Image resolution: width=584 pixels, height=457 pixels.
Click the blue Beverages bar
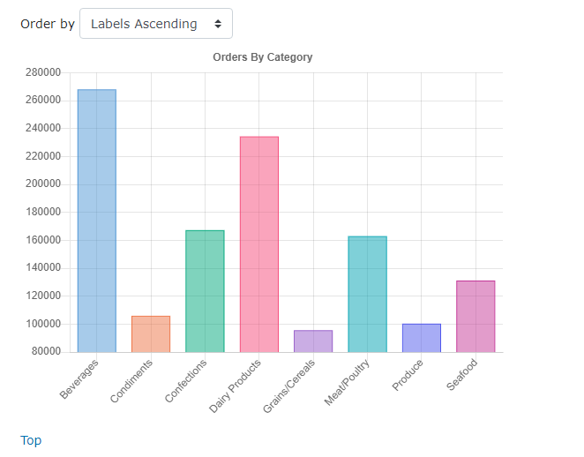point(96,221)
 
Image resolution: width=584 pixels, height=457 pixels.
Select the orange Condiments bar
point(151,333)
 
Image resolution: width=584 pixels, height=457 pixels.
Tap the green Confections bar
point(205,291)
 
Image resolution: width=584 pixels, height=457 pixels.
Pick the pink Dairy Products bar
point(259,244)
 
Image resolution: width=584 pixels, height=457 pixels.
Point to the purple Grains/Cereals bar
point(313,341)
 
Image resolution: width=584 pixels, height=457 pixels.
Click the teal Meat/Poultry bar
point(367,294)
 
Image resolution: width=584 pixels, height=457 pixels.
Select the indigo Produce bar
point(422,338)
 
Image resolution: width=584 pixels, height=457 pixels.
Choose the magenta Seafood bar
point(475,316)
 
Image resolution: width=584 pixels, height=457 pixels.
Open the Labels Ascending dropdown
point(156,24)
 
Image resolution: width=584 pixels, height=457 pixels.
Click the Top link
point(31,440)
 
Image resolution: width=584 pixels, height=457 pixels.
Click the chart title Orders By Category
point(263,57)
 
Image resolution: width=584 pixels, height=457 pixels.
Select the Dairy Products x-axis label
point(236,386)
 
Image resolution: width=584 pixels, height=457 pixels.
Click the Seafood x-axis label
point(462,375)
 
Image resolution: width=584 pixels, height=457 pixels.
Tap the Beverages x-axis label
point(79,378)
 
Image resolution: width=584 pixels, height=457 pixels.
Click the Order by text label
point(48,24)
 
